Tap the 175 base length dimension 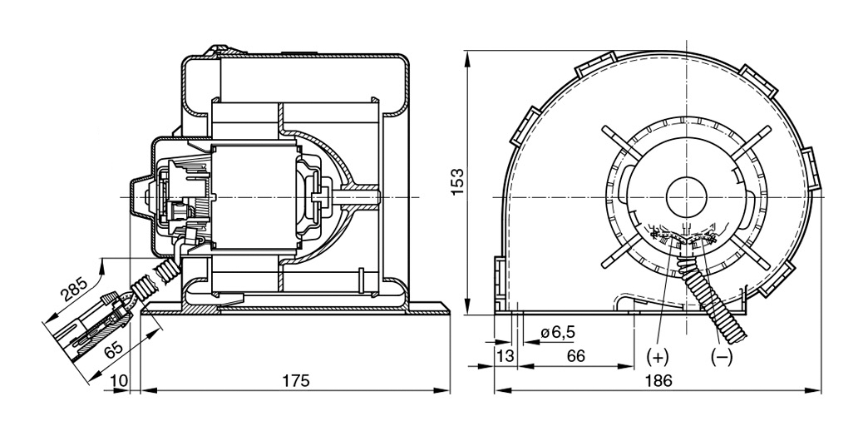pos(295,381)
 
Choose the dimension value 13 pos(505,356)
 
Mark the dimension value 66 pos(575,356)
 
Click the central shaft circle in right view pos(683,197)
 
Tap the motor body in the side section pos(258,196)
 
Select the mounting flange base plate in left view pos(295,310)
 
